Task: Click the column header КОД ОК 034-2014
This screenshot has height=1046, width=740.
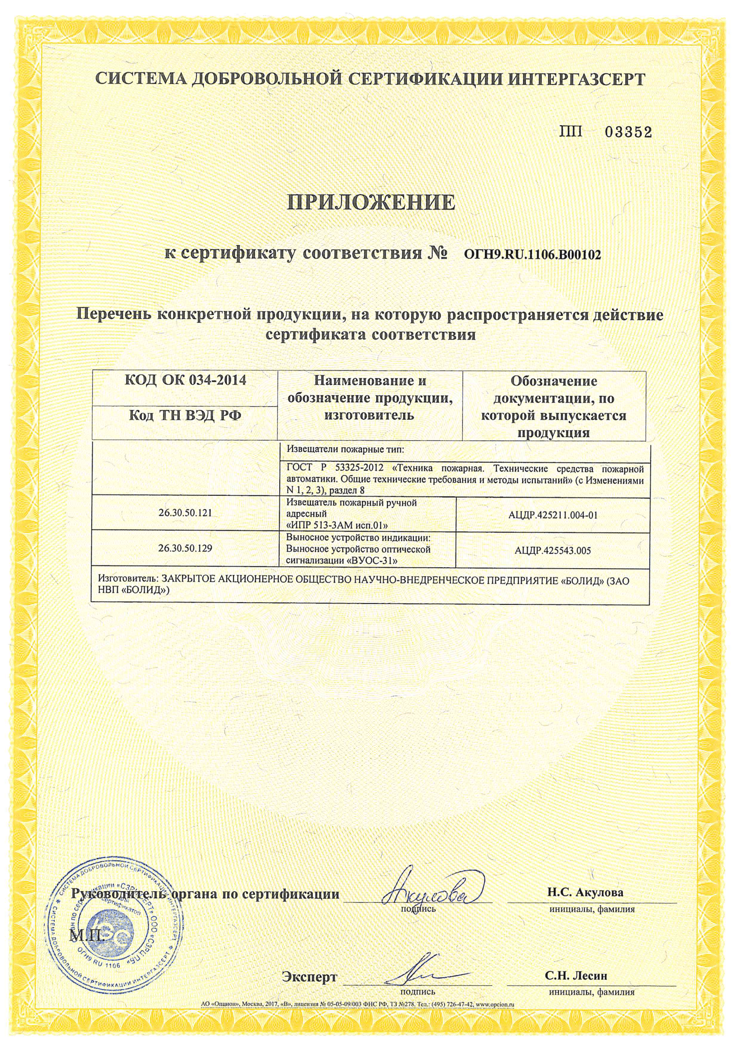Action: (185, 380)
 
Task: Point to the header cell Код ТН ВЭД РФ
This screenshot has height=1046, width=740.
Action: (185, 416)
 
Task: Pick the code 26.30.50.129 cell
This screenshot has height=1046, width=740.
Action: (185, 549)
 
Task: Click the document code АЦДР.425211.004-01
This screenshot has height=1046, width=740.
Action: (552, 515)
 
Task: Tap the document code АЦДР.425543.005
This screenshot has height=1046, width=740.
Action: (552, 550)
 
